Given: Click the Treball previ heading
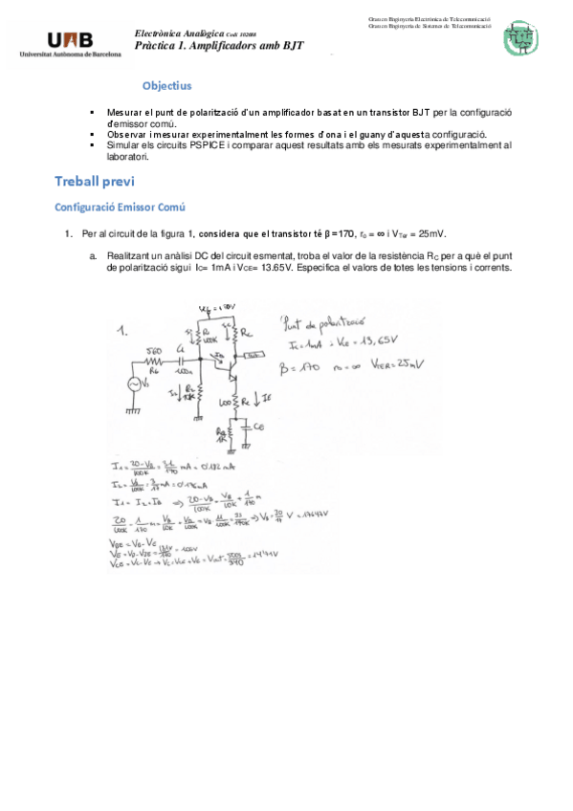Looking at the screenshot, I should point(95,182).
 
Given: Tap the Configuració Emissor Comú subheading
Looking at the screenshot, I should point(119,208).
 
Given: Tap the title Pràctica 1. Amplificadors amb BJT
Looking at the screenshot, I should point(219,45).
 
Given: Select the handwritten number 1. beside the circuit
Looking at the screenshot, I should point(122,332).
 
